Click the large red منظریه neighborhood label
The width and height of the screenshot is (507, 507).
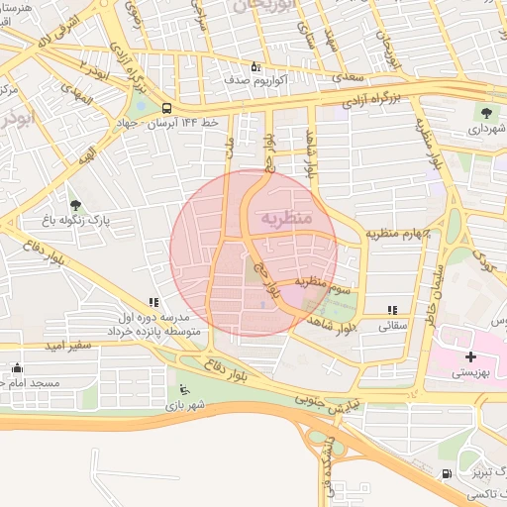[x=287, y=216]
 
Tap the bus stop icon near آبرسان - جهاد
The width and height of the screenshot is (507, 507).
[x=165, y=108]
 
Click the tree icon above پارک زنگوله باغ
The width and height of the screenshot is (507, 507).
[x=76, y=205]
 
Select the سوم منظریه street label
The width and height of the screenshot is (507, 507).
[x=328, y=286]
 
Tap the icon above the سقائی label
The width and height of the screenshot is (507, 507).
[x=393, y=310]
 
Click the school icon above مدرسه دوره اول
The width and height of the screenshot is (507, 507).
[x=152, y=302]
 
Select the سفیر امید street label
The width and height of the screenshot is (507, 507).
[x=68, y=346]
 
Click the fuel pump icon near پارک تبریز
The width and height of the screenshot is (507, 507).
[x=448, y=474]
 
